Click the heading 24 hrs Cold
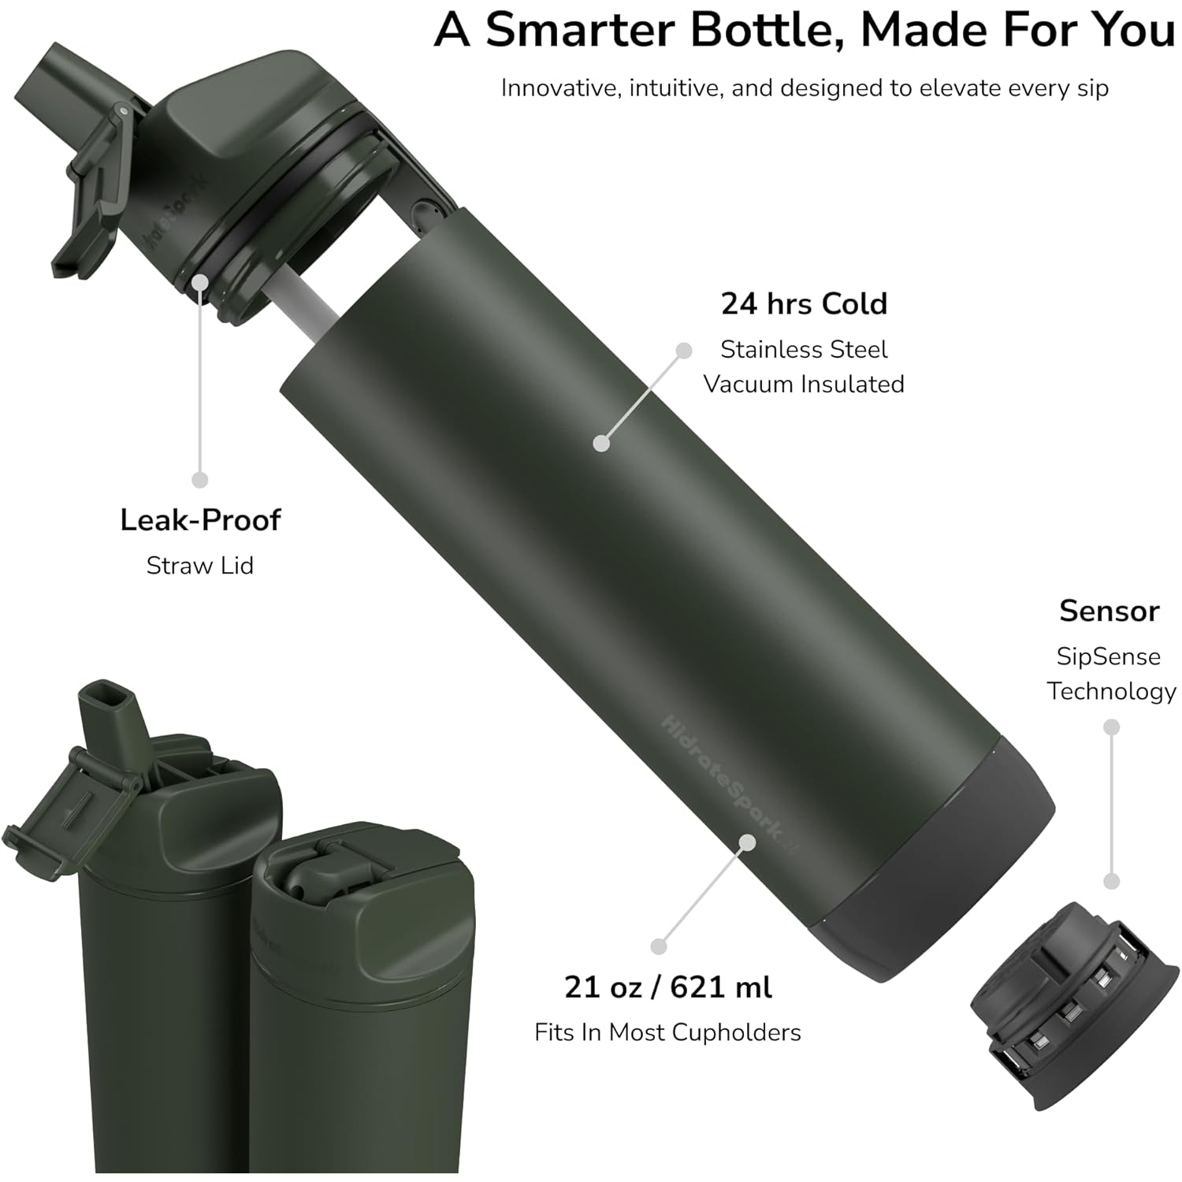(804, 303)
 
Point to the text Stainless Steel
(804, 349)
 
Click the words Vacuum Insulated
(804, 384)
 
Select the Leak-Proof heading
(200, 520)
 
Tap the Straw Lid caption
(200, 565)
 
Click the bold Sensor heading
(1109, 611)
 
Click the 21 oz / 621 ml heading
(668, 987)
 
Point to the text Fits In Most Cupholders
(667, 1032)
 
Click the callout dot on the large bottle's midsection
(601, 444)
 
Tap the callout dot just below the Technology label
(1111, 727)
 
